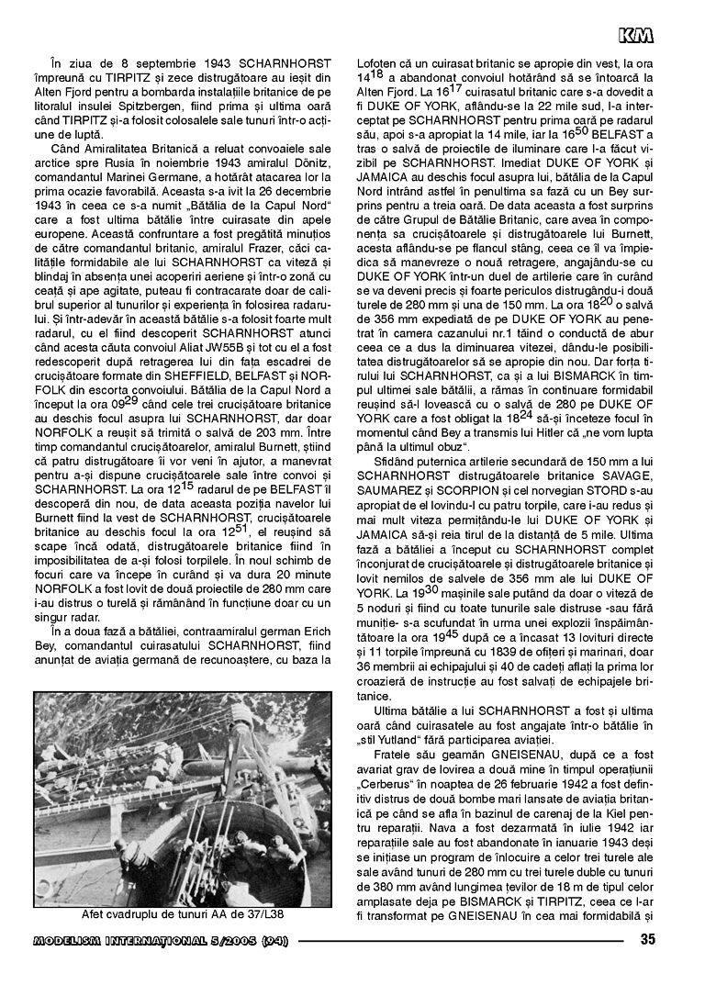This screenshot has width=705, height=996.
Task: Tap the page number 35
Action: pos(647,938)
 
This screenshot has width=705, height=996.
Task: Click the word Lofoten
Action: pos(377,63)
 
